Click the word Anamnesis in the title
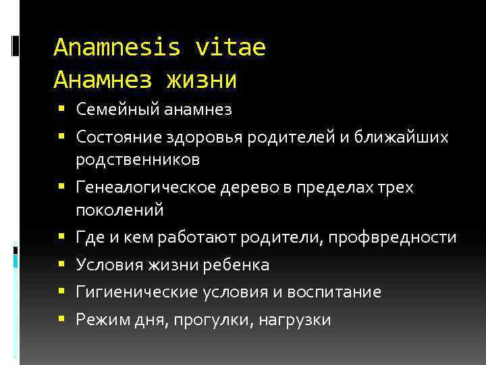tap(116, 47)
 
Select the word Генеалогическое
tap(145, 188)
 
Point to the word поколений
tap(119, 210)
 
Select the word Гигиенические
tap(136, 292)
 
